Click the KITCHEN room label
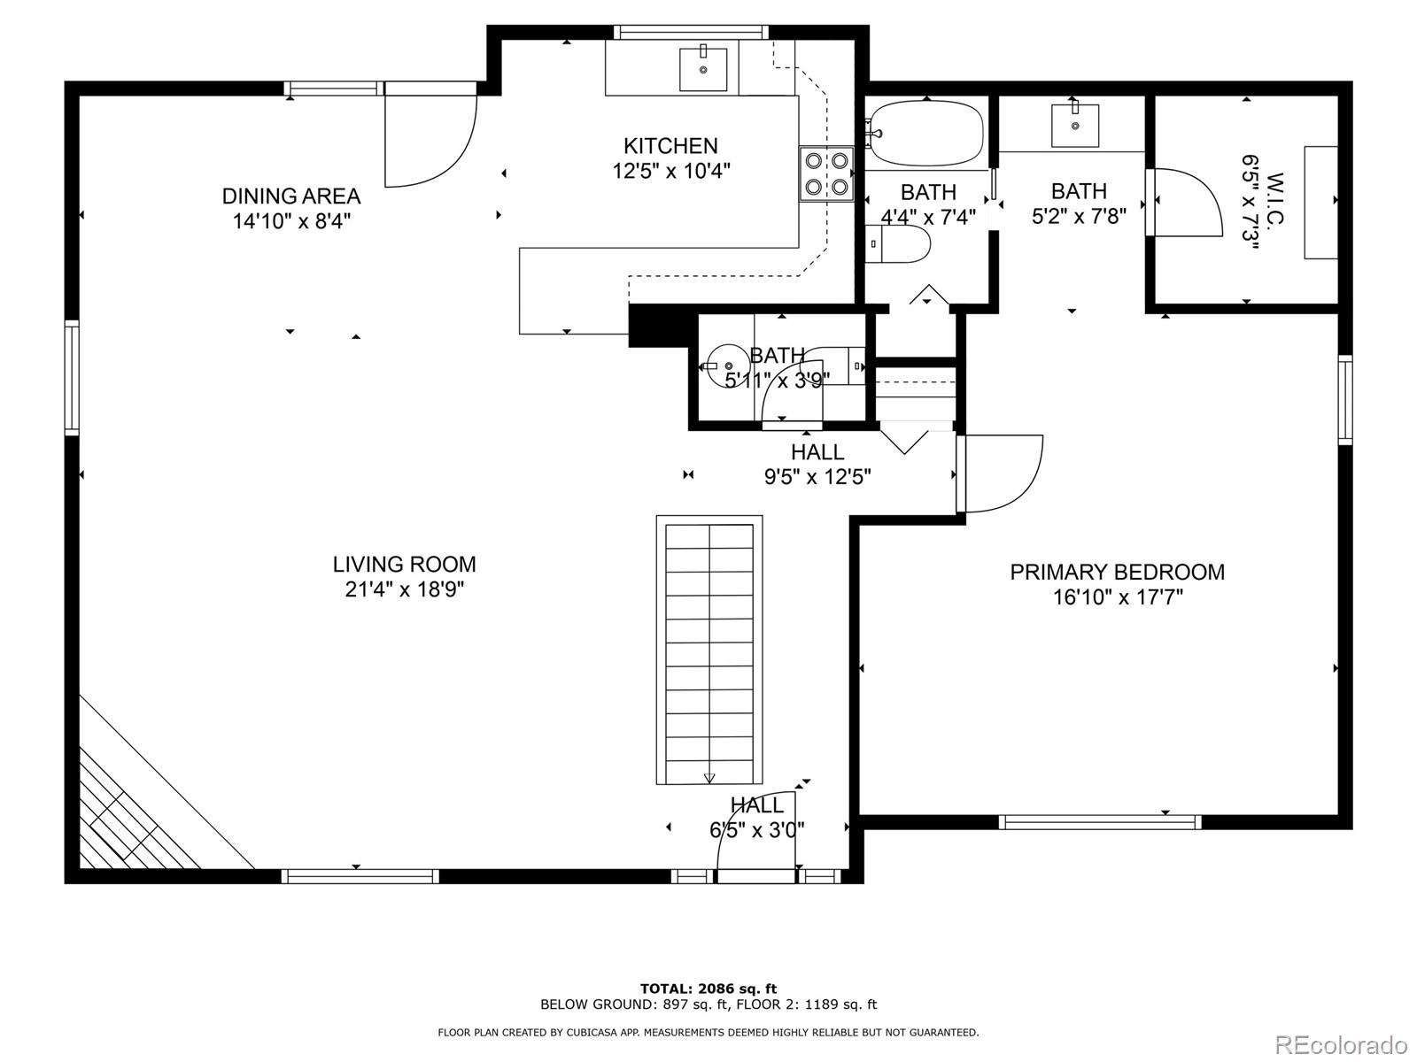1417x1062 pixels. point(670,146)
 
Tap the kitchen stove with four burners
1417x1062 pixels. point(826,174)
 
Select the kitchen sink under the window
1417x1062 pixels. point(703,69)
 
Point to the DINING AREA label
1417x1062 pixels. point(291,196)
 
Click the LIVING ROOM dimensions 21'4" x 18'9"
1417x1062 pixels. point(405,590)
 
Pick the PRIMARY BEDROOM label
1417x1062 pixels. point(1118,573)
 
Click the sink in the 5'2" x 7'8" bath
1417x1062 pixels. point(1075,126)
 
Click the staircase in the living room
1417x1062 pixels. point(709,650)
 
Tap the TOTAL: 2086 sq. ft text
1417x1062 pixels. point(708,989)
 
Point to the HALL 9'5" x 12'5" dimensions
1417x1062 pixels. point(818,477)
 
